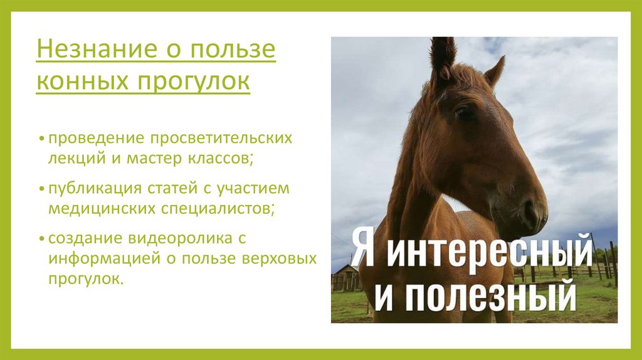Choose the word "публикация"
pyautogui.click(x=87, y=189)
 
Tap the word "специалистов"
pyautogui.click(x=214, y=208)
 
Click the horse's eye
pyautogui.click(x=464, y=113)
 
